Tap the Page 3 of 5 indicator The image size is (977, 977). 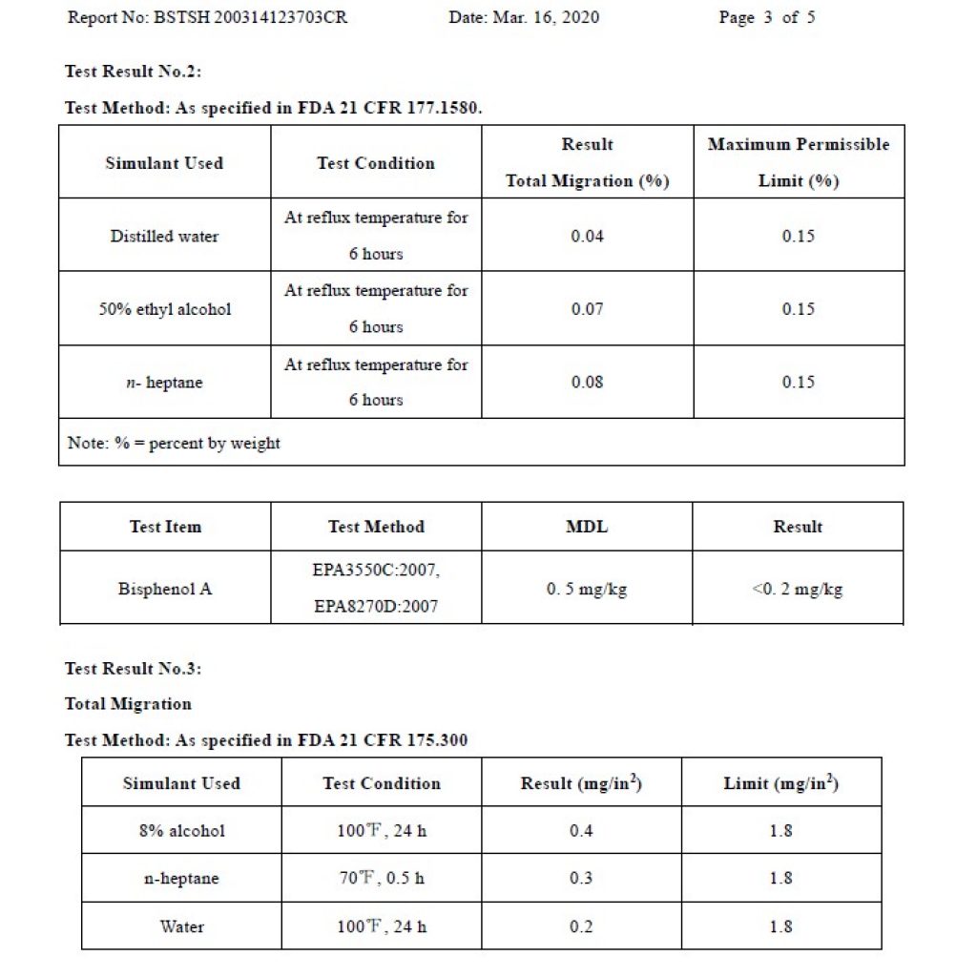coord(766,17)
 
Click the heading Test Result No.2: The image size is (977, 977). coord(133,72)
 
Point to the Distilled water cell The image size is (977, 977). coord(164,236)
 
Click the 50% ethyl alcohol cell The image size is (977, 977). coord(164,309)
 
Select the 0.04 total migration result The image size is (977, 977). coord(587,236)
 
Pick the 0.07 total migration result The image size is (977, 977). coord(587,309)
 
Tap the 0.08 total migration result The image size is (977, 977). coord(587,382)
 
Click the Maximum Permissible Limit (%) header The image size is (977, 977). coord(799,162)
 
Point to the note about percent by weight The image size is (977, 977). coord(174,443)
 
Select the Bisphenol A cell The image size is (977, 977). coord(164,589)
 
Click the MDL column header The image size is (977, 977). coord(587,527)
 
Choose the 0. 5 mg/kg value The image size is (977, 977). coord(587,589)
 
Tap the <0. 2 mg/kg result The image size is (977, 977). coord(798,589)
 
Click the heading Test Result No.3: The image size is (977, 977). coord(133,669)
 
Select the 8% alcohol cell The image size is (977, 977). coord(181,830)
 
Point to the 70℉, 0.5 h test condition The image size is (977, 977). coord(382,878)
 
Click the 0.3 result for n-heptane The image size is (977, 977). coord(581,878)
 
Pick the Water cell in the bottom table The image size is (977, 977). coord(181,925)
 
